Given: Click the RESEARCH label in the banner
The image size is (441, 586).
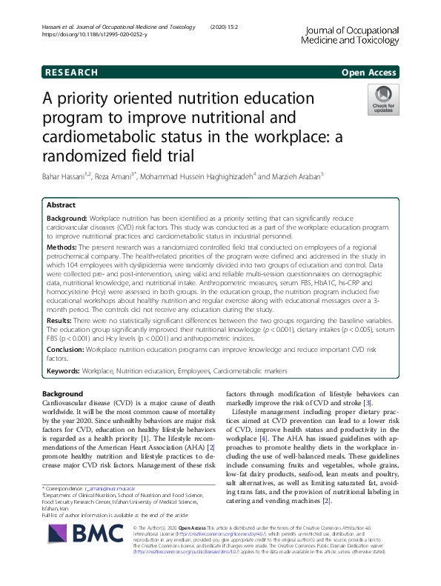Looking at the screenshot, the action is pos(71,73).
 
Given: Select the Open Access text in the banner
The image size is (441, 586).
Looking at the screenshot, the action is pos(369,73).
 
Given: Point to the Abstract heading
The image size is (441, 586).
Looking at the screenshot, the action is pos(62,204).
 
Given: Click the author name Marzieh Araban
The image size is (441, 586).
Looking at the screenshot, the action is pos(302,177).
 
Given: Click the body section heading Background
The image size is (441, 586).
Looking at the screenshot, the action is pos(63,393).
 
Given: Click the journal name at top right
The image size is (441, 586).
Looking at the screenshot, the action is pos(348,36).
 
